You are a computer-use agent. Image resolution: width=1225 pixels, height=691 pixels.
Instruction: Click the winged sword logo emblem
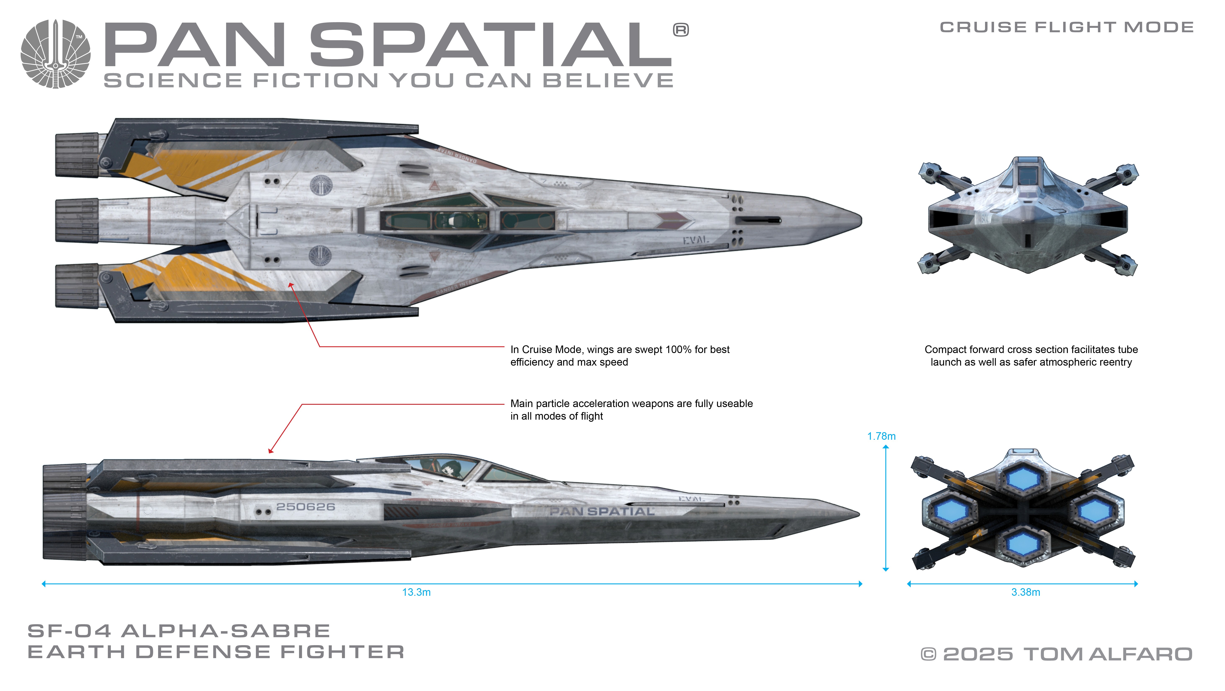pos(56,54)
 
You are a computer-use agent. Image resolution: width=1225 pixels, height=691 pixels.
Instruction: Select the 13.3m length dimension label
pos(416,592)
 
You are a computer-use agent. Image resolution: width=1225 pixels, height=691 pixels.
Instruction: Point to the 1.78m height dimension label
pos(881,436)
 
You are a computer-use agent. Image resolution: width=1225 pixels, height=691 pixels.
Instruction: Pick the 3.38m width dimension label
pos(1025,592)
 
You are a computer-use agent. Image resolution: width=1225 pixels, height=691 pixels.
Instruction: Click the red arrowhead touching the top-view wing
pos(291,285)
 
